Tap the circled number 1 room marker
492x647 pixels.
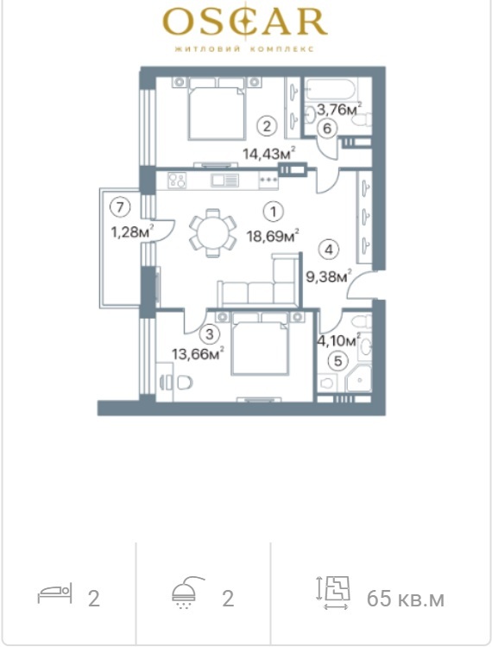tap(273, 212)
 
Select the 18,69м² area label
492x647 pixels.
tap(273, 237)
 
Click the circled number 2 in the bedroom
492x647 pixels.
tap(267, 126)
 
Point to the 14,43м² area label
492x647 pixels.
tap(269, 154)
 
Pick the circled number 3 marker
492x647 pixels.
tap(210, 333)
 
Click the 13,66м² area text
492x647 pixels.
tap(198, 353)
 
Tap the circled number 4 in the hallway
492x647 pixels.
tap(329, 250)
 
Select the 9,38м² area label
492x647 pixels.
tap(329, 276)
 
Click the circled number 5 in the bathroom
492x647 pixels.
tap(337, 361)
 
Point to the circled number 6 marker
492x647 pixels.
tap(327, 129)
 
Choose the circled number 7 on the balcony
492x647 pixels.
tap(120, 206)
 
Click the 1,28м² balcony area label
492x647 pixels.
tap(132, 232)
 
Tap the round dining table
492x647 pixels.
tap(213, 232)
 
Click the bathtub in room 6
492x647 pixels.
tap(329, 90)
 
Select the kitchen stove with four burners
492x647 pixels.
tap(177, 181)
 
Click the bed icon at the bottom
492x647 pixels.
tap(55, 593)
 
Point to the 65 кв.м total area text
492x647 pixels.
tap(406, 599)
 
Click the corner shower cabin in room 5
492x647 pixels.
tap(358, 377)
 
